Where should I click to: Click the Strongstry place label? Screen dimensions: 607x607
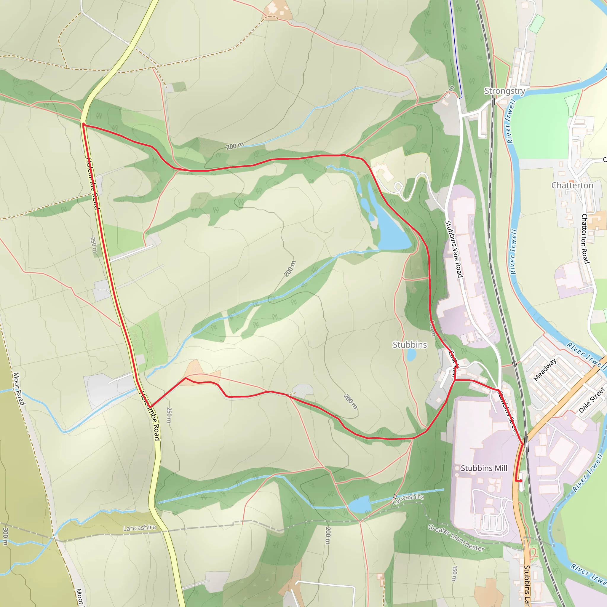(x=504, y=91)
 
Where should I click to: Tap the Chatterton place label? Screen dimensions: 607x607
(x=572, y=185)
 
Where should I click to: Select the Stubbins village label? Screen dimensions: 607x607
(x=410, y=345)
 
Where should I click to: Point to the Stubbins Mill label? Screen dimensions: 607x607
(x=483, y=468)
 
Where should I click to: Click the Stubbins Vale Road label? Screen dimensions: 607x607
(x=454, y=249)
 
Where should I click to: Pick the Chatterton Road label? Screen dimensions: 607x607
(x=585, y=239)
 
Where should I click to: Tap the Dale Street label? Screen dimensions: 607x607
(x=592, y=400)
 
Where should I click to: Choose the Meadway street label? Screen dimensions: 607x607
(x=545, y=370)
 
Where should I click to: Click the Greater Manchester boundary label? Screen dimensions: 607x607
(x=456, y=538)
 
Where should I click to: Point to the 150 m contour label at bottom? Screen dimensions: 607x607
(x=454, y=574)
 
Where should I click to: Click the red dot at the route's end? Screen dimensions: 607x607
(x=520, y=481)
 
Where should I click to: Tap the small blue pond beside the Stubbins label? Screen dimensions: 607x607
(x=411, y=355)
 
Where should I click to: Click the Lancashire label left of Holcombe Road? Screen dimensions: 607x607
(x=139, y=528)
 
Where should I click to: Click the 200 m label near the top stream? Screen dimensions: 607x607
(x=235, y=146)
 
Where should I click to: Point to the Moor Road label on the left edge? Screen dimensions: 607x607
(x=19, y=389)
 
